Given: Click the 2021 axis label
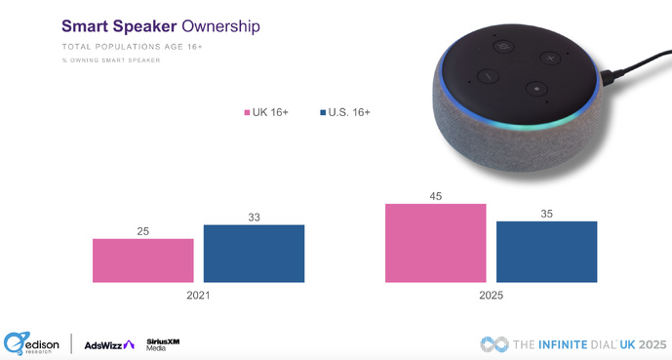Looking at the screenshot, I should tap(198, 295).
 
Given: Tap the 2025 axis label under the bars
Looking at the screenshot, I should tap(491, 295).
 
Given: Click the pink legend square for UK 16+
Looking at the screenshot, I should tap(248, 113).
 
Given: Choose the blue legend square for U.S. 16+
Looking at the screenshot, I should tap(322, 113).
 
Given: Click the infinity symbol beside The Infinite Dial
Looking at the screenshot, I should tap(494, 343).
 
